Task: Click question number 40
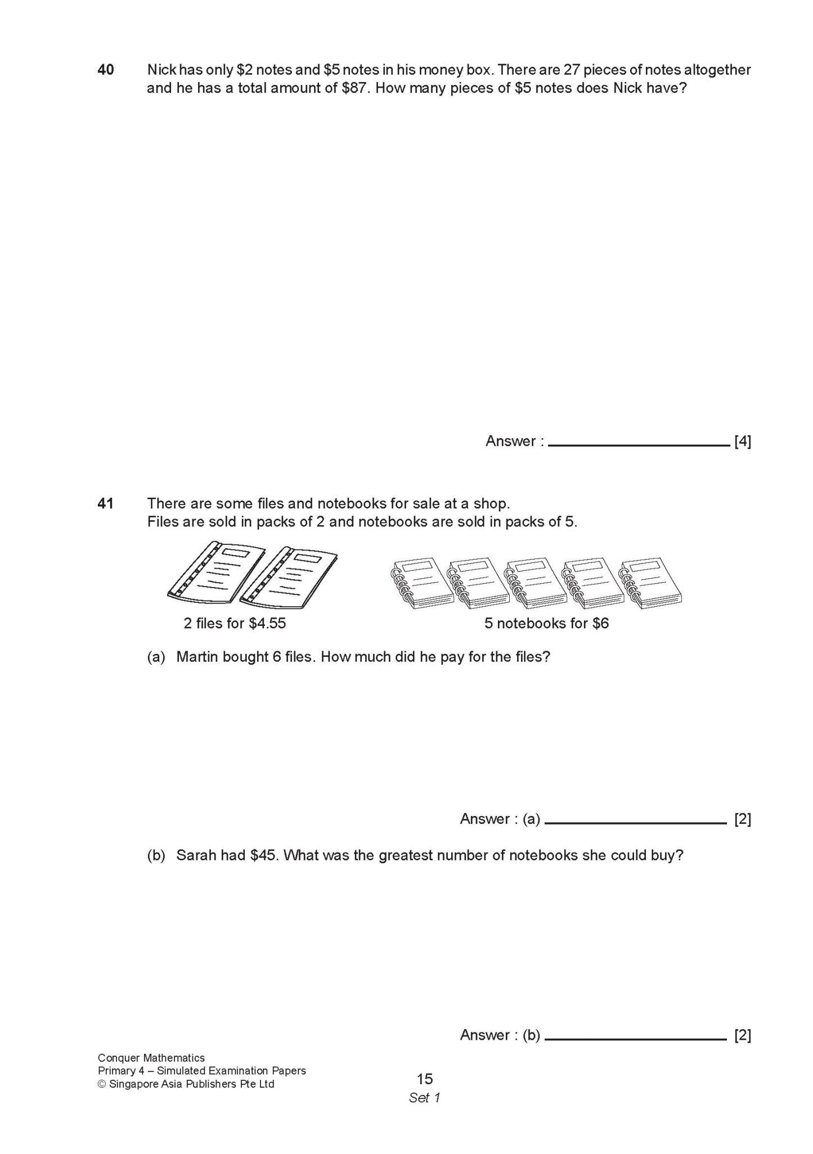click(106, 70)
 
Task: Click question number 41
click(106, 503)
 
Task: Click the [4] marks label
click(742, 441)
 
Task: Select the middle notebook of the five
click(535, 583)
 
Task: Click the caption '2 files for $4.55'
click(235, 624)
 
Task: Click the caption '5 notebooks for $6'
click(546, 624)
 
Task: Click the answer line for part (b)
click(635, 1037)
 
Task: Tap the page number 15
click(425, 1079)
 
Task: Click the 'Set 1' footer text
click(425, 1098)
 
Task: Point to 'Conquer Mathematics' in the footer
click(151, 1058)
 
